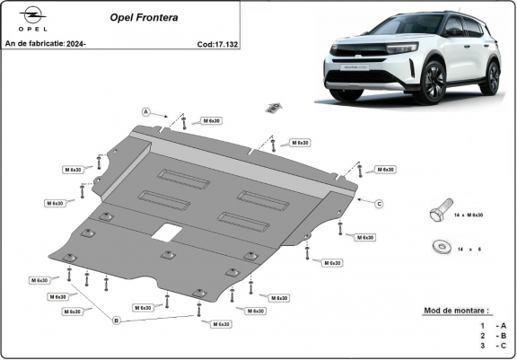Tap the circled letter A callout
pos(145,111)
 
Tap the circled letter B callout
pos(116,319)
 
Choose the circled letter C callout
pos(379,204)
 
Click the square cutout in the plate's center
pos(164,233)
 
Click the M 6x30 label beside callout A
pos(212,119)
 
